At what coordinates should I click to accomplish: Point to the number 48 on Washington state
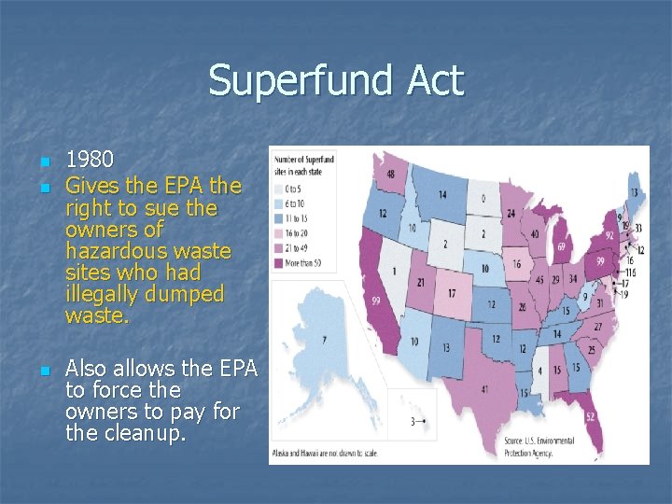(390, 174)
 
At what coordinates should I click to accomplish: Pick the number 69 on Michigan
(563, 246)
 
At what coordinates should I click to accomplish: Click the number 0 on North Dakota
(483, 198)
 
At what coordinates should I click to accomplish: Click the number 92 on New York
(609, 236)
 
